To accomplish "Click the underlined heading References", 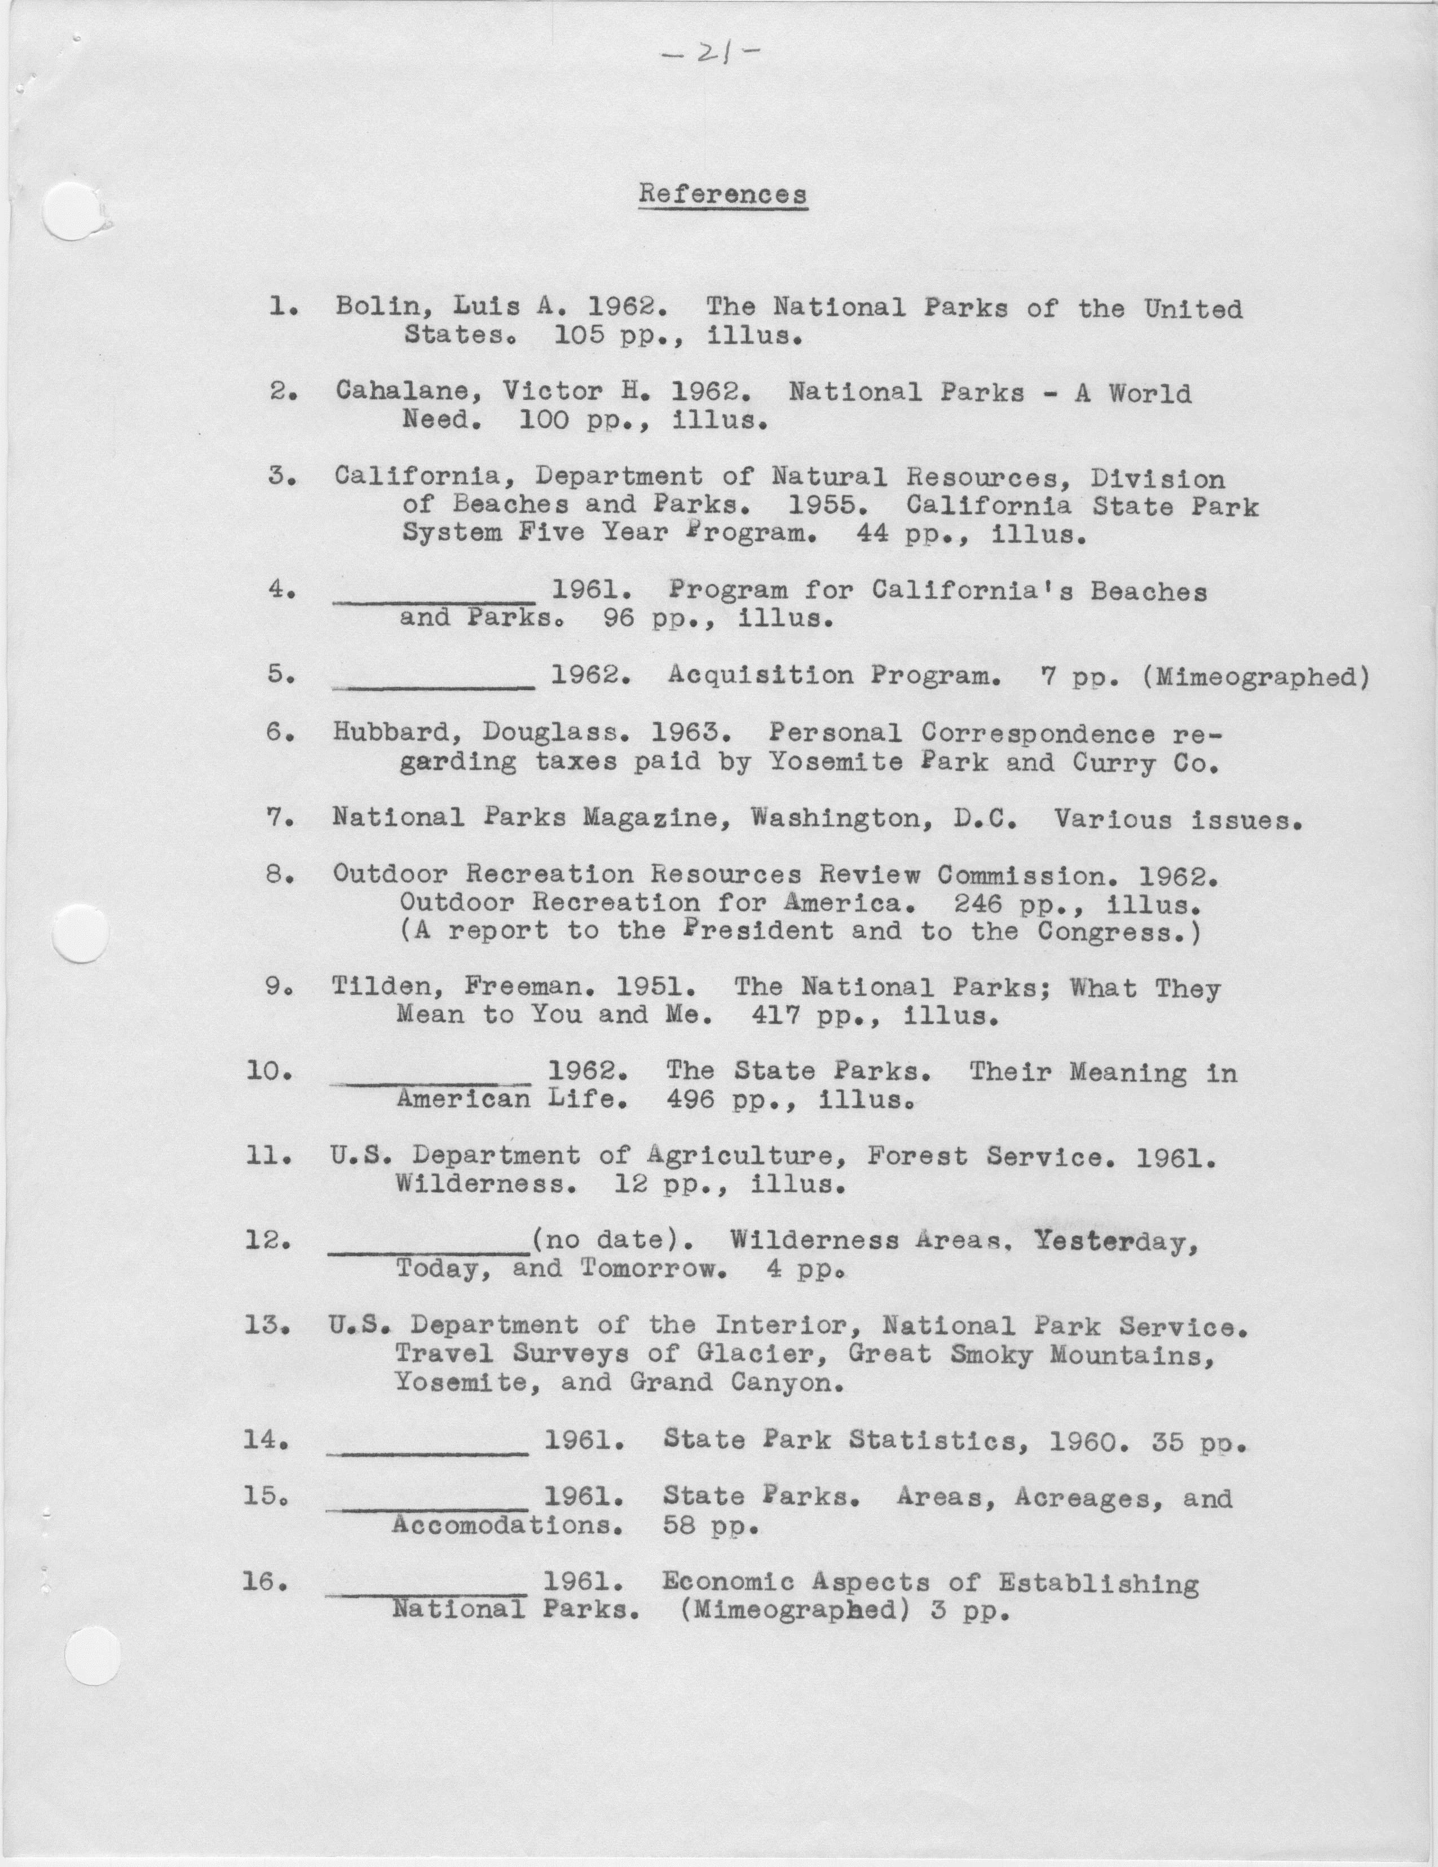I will coord(722,194).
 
